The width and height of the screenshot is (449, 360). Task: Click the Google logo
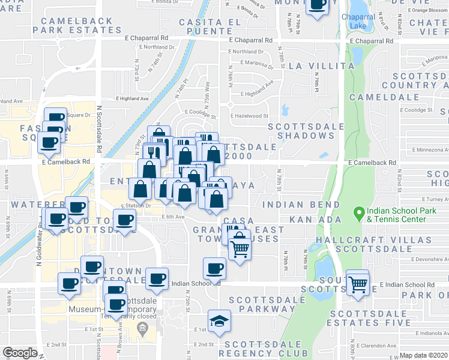pyautogui.click(x=20, y=353)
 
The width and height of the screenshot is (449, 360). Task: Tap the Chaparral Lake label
pyautogui.click(x=358, y=22)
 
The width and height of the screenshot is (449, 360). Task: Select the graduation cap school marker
pyautogui.click(x=219, y=320)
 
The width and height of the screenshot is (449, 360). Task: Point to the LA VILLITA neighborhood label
pyautogui.click(x=321, y=66)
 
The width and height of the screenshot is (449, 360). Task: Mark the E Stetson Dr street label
pyautogui.click(x=134, y=205)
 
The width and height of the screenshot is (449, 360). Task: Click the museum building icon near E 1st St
pyautogui.click(x=142, y=328)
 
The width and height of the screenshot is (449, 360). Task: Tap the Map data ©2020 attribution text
pyautogui.click(x=423, y=355)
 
